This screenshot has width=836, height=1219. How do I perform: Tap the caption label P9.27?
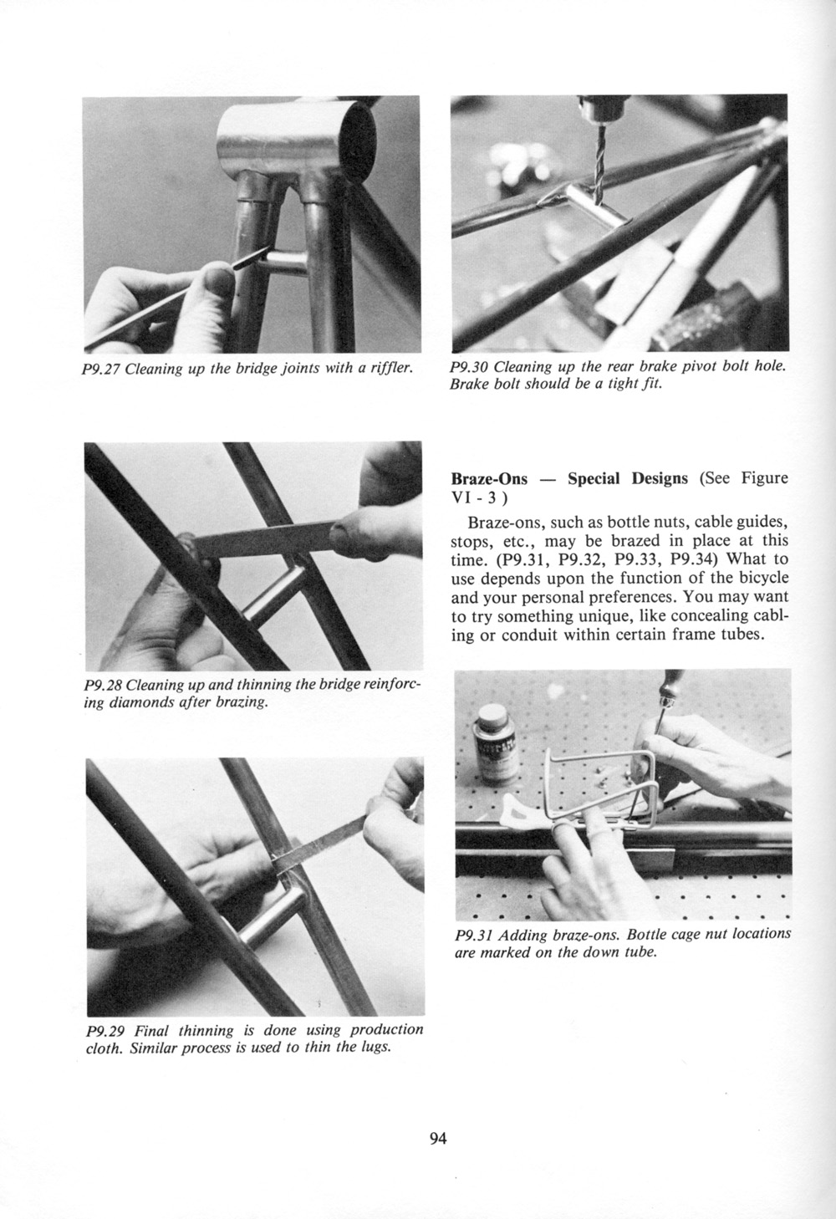[x=101, y=370]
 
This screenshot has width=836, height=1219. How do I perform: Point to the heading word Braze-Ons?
[x=489, y=479]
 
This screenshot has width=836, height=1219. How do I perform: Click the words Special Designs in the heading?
[x=628, y=479]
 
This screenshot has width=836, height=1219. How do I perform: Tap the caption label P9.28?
[x=102, y=684]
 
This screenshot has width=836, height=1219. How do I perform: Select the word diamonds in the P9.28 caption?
[x=139, y=702]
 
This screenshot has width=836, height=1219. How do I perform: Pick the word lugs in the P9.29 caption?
[x=378, y=1048]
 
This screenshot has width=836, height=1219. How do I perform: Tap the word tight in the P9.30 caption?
[x=610, y=385]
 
